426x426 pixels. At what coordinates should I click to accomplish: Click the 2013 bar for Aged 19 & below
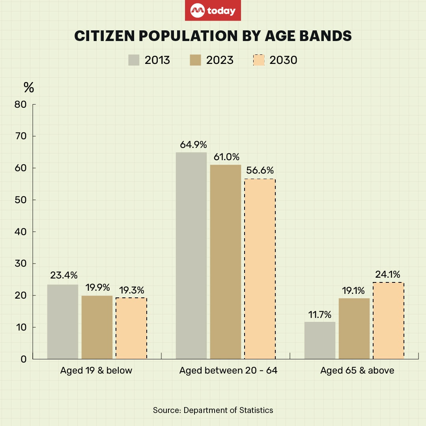point(63,321)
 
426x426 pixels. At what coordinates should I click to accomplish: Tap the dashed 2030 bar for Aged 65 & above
point(388,320)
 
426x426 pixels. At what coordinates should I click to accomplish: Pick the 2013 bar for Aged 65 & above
point(320,340)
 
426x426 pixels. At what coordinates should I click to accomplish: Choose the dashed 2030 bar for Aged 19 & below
point(131,328)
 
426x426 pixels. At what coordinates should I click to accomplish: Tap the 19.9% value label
point(97,287)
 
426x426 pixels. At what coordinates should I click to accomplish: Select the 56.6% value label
point(260,171)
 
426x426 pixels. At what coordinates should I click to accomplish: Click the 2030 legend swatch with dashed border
point(258,60)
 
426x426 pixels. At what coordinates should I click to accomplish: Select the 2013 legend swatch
point(135,60)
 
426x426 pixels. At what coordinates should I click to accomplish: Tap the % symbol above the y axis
point(29,88)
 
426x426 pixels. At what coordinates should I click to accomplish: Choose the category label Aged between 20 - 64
point(228,371)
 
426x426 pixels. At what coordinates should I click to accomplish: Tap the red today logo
point(213,11)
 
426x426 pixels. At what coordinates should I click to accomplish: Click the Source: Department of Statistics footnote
point(213,410)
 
